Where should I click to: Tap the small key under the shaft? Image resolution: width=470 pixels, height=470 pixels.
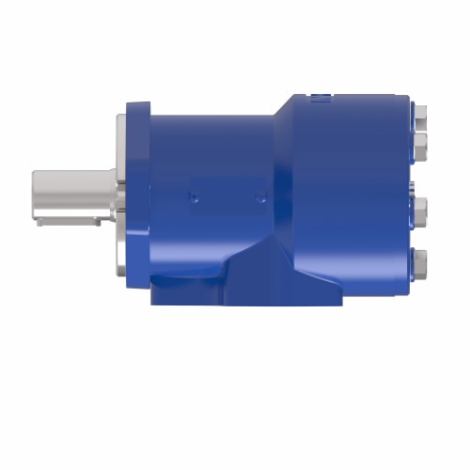(66, 222)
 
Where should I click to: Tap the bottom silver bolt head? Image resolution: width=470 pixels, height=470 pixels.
(420, 258)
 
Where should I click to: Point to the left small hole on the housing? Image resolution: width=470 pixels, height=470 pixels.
(192, 197)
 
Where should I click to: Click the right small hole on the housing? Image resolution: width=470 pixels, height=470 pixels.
(261, 197)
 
